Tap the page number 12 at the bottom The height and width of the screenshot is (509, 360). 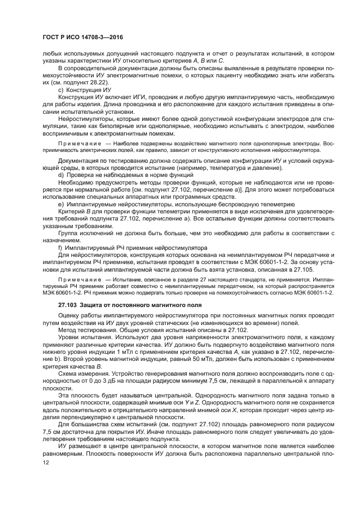point(46,462)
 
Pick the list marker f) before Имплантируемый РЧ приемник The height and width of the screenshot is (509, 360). point(60,248)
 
